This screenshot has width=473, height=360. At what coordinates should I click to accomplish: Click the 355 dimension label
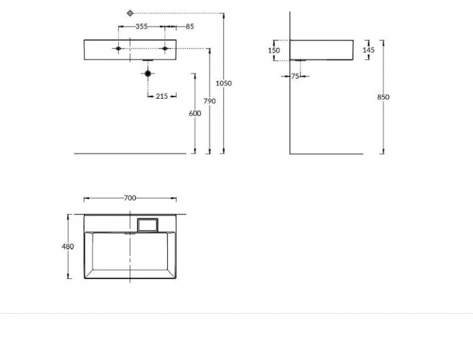(x=141, y=27)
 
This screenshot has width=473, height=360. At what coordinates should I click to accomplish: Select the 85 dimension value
(x=190, y=27)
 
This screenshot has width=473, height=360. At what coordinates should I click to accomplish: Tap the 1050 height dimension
(x=223, y=83)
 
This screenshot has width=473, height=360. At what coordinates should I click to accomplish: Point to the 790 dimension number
(x=210, y=101)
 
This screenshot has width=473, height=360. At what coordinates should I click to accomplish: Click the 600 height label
(x=195, y=113)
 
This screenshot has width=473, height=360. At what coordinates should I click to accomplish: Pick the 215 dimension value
(x=161, y=96)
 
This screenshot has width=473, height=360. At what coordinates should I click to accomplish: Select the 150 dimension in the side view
(x=274, y=50)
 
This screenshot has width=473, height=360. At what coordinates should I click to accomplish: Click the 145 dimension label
(x=368, y=50)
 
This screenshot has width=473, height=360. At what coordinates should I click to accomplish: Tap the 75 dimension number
(x=295, y=76)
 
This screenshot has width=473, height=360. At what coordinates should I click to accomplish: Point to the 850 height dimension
(x=383, y=97)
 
